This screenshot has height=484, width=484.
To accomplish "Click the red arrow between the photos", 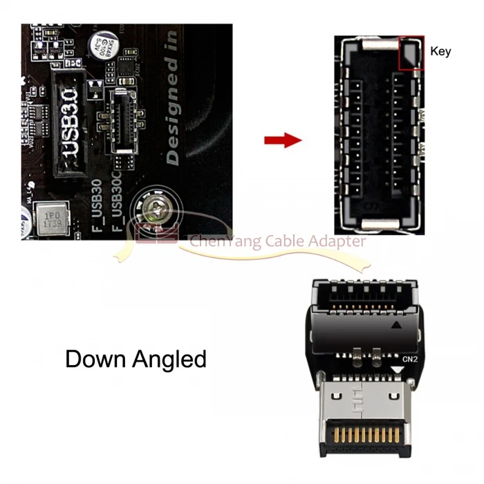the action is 283,140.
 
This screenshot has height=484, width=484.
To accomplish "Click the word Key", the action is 440,51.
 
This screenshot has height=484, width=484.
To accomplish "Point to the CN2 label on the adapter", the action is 411,358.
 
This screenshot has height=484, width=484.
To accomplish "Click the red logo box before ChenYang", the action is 147,234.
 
